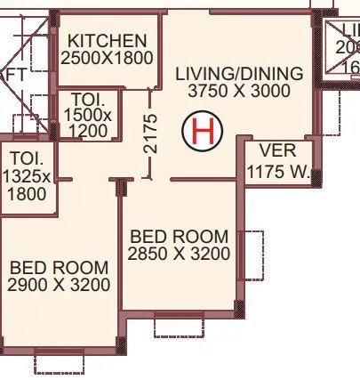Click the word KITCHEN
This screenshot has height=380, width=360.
(108, 41)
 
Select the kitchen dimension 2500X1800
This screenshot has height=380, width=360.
(108, 58)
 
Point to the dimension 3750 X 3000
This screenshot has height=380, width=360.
(239, 91)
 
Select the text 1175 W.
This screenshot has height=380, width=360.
(278, 171)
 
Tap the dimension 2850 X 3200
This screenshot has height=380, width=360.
(179, 255)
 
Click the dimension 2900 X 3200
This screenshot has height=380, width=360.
(59, 285)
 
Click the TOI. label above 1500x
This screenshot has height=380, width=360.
(87, 99)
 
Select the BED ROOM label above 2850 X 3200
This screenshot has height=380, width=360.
(179, 237)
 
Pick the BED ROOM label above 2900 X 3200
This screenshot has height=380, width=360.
(59, 267)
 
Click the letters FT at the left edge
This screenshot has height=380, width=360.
(15, 76)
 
